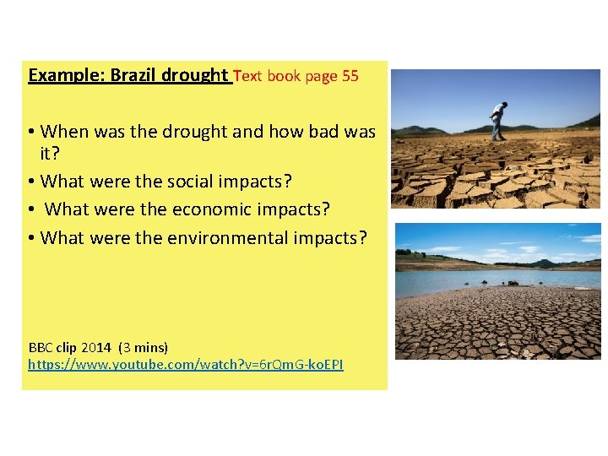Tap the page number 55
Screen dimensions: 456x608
pyautogui.click(x=350, y=76)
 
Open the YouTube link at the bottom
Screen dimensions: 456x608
pyautogui.click(x=186, y=365)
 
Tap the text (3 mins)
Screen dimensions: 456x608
pyautogui.click(x=143, y=347)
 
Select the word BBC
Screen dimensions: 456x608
pyautogui.click(x=41, y=347)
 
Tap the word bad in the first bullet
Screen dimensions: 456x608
pyautogui.click(x=326, y=132)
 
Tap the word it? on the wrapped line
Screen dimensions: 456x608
pyautogui.click(x=51, y=155)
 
